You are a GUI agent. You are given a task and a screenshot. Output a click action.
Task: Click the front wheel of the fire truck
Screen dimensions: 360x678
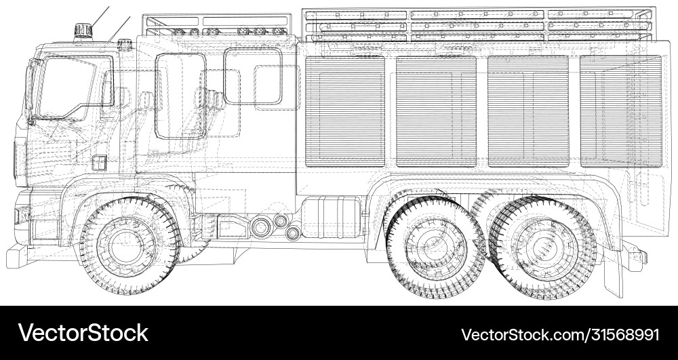click(127, 245)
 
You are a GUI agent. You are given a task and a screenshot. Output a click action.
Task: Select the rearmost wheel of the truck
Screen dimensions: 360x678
click(543, 247)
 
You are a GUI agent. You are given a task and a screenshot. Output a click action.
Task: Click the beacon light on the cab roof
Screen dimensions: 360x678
click(83, 31)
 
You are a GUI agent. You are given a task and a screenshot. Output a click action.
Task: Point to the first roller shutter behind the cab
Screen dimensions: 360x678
click(344, 111)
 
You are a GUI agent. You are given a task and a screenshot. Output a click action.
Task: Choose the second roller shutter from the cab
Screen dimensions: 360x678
click(436, 111)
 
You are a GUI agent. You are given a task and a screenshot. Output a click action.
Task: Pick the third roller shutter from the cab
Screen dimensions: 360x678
click(527, 111)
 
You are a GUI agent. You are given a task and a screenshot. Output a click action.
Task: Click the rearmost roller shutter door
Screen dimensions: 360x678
click(620, 111)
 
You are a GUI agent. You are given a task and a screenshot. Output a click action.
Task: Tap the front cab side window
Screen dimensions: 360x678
click(72, 87)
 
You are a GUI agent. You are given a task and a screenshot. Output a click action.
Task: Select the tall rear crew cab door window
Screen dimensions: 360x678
click(180, 95)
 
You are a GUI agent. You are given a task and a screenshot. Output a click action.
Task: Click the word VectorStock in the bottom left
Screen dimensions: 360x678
click(83, 333)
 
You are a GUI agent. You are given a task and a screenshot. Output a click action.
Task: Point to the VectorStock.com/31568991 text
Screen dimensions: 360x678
click(559, 334)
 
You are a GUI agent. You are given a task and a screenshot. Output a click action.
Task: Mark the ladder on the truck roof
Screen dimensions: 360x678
click(479, 24)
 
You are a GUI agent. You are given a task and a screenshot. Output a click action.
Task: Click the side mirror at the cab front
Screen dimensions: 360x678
click(30, 92)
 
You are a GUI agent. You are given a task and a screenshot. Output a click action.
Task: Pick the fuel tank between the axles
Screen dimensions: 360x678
click(330, 216)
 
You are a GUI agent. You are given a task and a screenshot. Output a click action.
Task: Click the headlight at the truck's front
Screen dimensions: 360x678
click(21, 215)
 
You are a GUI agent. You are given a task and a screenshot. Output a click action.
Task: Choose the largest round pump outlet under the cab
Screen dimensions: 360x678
click(260, 227)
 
